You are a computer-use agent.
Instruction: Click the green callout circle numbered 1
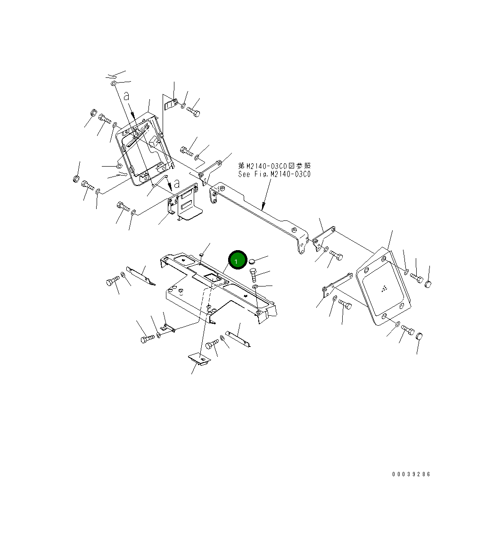[237, 260]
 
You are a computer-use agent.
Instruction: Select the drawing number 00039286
[411, 474]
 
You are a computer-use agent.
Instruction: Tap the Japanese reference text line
[274, 166]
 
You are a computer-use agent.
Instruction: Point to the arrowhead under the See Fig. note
[263, 206]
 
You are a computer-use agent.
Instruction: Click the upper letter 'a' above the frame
[126, 96]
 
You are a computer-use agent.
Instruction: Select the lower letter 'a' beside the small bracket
[176, 183]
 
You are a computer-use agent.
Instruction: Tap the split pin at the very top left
[111, 76]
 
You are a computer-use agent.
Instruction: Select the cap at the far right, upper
[428, 284]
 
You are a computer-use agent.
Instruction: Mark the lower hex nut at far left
[76, 178]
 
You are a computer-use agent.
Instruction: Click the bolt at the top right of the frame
[193, 112]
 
